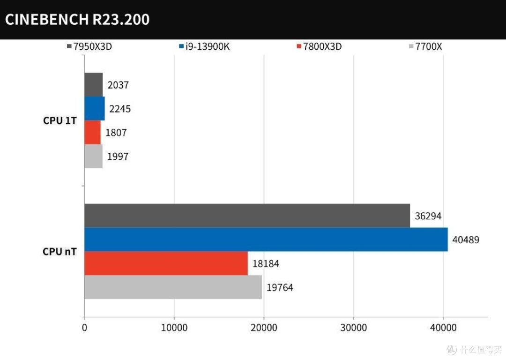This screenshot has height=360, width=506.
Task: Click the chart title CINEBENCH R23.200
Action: click(x=77, y=19)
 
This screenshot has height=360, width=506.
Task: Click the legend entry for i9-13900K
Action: click(x=204, y=47)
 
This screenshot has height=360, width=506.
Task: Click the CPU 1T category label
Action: click(x=59, y=120)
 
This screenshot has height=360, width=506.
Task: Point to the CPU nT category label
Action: click(x=59, y=252)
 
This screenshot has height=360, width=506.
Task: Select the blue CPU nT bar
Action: click(x=266, y=240)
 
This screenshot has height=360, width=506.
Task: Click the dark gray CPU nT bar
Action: click(x=247, y=216)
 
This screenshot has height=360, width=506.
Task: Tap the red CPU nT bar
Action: click(x=166, y=263)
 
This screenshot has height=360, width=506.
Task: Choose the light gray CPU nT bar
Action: click(x=173, y=287)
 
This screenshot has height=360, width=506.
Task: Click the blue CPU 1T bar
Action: click(x=94, y=109)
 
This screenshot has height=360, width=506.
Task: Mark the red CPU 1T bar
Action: click(x=92, y=133)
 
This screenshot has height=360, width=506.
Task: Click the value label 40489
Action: click(x=466, y=240)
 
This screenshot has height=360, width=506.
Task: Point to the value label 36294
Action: click(x=428, y=216)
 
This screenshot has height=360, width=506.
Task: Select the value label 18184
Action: click(x=266, y=264)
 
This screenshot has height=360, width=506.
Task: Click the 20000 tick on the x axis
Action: click(x=263, y=328)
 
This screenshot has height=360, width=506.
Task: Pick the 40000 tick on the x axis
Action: click(x=443, y=328)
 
